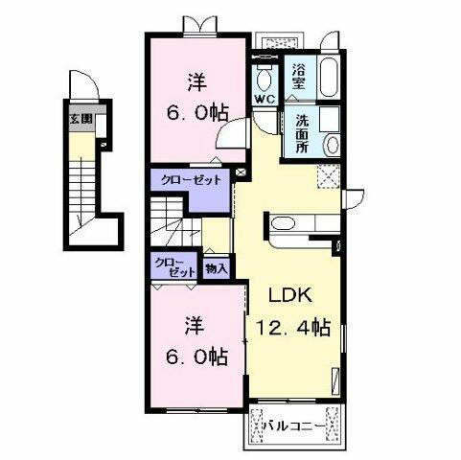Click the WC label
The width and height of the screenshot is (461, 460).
coord(265,100)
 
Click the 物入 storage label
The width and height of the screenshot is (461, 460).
coord(216,268)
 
